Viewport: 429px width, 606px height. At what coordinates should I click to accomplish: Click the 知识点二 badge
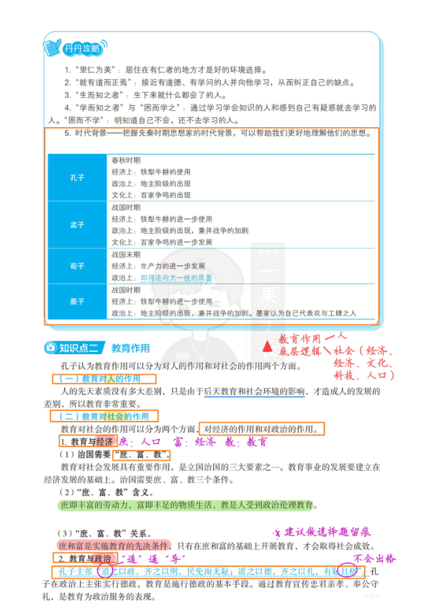pyautogui.click(x=75, y=348)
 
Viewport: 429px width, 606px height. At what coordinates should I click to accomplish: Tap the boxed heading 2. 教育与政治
pyautogui.click(x=85, y=558)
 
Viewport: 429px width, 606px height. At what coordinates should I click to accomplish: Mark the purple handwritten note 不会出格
pyautogui.click(x=375, y=558)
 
